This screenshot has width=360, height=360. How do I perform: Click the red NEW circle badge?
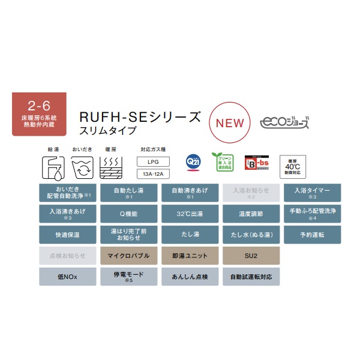click(230, 122)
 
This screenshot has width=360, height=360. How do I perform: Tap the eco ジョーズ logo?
click(285, 122)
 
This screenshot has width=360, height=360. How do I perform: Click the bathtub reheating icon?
click(82, 169)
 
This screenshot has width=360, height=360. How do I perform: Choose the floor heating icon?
click(111, 169)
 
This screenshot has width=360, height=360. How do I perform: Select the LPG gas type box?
click(154, 162)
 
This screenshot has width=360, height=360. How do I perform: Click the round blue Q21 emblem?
click(193, 163)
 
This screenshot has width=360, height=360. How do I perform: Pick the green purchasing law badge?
click(221, 163)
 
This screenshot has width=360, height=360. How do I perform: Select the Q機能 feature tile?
click(128, 214)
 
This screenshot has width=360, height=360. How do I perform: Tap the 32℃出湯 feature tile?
click(190, 214)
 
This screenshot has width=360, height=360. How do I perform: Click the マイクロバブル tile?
click(128, 256)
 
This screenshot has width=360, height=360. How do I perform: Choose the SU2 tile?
click(251, 256)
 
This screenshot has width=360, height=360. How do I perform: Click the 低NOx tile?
click(68, 277)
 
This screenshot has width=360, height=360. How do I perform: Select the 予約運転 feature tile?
click(312, 235)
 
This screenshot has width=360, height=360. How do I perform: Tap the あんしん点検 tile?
click(190, 277)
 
